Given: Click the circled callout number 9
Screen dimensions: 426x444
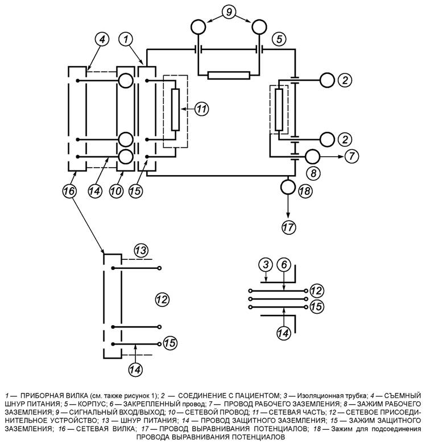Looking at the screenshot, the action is click(x=229, y=13).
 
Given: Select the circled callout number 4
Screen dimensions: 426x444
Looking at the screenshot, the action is click(x=102, y=39).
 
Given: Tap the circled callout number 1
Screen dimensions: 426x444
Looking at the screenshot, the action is click(x=127, y=39).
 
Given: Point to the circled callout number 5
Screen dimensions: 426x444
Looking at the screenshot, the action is click(x=279, y=39).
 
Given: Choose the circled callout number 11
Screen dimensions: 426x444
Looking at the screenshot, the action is click(x=201, y=109).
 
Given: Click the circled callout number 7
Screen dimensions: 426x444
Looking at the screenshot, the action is click(x=351, y=156).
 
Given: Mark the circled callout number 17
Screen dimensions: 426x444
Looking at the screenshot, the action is click(x=288, y=227).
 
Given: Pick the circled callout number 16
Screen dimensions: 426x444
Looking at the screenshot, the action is click(x=69, y=191).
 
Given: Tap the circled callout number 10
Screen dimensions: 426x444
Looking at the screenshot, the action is click(x=116, y=191).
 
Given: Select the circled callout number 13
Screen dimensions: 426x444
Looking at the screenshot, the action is click(x=141, y=251).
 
